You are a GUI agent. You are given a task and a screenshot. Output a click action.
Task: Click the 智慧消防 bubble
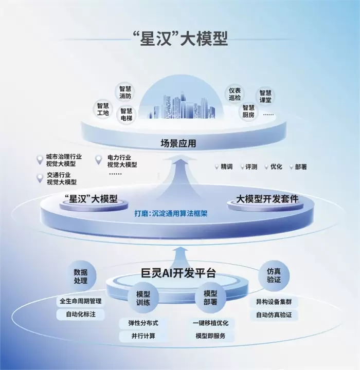point(125,92)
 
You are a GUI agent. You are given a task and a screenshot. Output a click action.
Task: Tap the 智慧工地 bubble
point(103,109)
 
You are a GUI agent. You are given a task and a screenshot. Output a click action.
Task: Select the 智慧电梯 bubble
point(127,115)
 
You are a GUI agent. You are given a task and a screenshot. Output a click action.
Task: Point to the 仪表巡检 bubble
point(235,94)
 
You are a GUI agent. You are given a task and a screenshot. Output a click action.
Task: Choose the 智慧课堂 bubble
point(265,96)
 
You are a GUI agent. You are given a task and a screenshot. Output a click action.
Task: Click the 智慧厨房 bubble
point(248,112)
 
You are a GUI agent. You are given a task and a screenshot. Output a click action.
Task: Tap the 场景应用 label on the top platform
point(178,143)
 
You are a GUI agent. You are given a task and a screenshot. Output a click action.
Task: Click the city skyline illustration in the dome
point(182,105)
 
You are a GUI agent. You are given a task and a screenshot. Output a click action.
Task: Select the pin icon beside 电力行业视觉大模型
point(99,160)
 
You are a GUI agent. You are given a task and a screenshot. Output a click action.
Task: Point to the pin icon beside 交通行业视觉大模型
point(40,178)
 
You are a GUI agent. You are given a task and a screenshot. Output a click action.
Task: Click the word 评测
point(251,167)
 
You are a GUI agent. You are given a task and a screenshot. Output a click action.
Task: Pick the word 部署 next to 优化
point(301,167)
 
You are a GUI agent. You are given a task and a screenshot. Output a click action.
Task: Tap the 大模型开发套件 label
point(267,199)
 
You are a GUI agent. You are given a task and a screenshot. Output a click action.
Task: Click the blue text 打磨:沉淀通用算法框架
point(171,214)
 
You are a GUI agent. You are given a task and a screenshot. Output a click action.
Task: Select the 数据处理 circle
point(81,276)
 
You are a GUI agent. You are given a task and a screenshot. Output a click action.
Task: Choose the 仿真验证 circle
point(274,275)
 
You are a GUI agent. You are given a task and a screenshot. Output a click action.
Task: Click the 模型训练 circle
point(143,298)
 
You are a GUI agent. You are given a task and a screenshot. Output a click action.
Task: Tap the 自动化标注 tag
point(81,314)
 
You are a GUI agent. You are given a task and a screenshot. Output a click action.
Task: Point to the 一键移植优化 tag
point(210,323)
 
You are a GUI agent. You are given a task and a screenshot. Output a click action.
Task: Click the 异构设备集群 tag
point(274,302)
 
